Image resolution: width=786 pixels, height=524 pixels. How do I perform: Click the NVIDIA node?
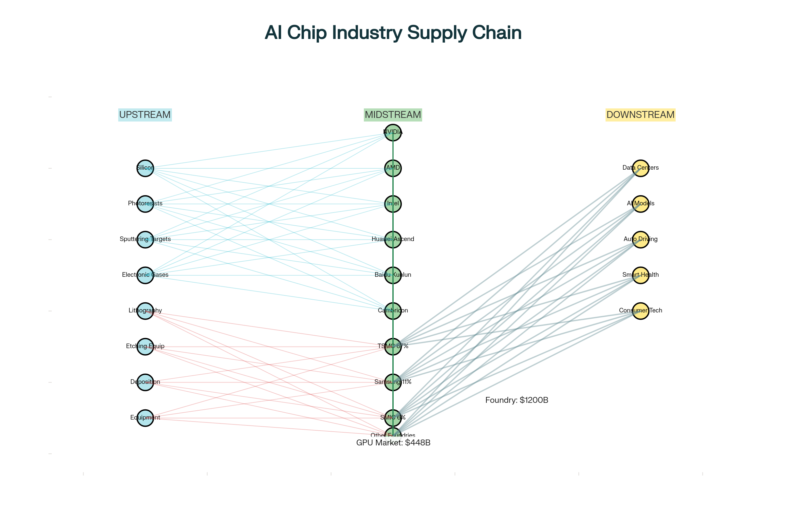point(393,133)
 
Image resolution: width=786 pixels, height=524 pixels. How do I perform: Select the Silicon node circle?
point(145,168)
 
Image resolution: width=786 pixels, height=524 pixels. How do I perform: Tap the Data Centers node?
point(640,168)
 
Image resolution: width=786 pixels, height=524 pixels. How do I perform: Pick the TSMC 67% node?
point(393,346)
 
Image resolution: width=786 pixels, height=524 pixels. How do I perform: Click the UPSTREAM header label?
point(145,115)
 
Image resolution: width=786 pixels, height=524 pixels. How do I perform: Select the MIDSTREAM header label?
point(393,115)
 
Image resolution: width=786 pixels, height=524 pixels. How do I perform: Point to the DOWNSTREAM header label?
point(640,115)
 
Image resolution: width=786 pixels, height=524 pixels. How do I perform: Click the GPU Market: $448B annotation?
point(393,442)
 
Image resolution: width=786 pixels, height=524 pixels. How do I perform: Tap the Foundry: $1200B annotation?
point(516,400)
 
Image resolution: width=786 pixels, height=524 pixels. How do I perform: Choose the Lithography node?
point(145,311)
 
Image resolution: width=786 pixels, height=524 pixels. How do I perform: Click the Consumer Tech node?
point(640,311)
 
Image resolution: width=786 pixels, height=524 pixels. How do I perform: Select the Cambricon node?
point(393,311)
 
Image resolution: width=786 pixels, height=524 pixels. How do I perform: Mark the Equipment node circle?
point(145,418)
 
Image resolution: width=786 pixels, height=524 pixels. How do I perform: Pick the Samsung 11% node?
point(393,382)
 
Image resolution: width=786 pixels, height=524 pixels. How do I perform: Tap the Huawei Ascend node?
point(393,240)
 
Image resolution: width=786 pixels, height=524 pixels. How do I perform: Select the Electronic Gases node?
point(145,275)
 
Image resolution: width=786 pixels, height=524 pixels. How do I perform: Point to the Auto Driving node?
point(640,240)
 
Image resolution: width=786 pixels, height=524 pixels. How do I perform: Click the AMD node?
point(393,168)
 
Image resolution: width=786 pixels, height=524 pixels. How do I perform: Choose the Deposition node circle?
point(145,382)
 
